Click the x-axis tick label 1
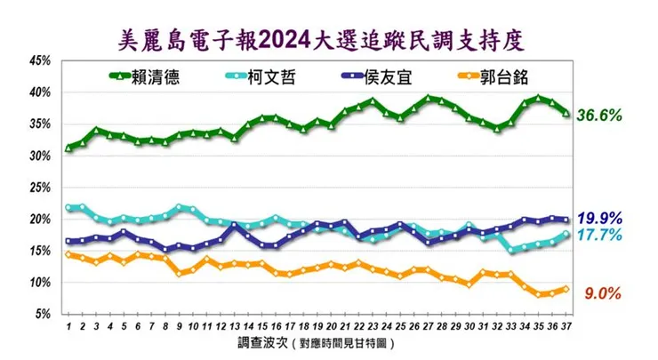coord(68,326)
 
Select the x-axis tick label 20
coord(331,326)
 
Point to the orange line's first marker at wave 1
coord(68,255)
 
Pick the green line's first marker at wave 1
coord(68,148)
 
